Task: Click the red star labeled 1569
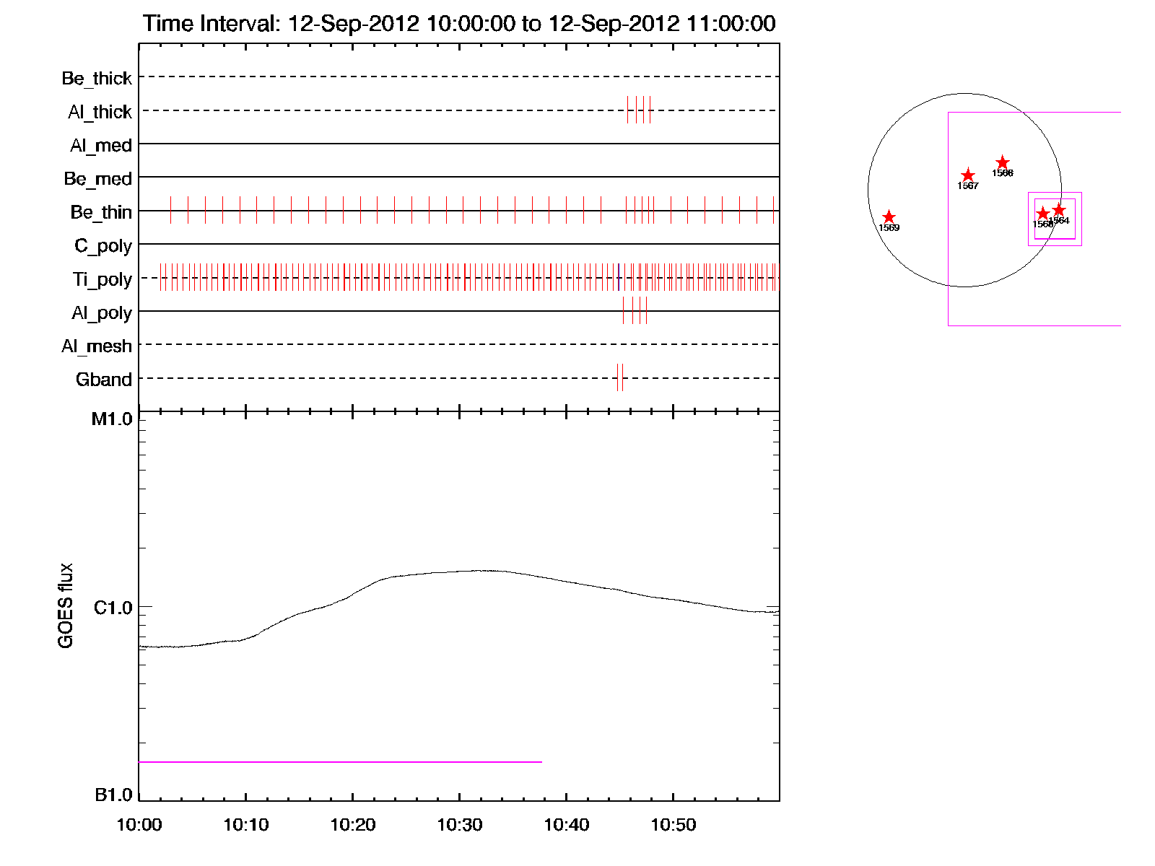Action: [889, 217]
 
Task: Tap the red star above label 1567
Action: [968, 175]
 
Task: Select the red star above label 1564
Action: [1058, 210]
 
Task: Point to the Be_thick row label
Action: [97, 78]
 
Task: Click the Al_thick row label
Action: [100, 112]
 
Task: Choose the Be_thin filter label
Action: [101, 212]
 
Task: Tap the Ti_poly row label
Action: [102, 279]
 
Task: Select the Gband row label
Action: [104, 380]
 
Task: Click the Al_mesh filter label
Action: [97, 346]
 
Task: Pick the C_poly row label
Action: [103, 246]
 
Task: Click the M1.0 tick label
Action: [112, 419]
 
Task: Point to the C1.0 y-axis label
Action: [113, 608]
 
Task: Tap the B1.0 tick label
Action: [113, 795]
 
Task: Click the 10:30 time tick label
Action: [459, 825]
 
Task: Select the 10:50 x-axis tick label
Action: [673, 825]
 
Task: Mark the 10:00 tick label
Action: [139, 825]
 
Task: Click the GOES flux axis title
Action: [66, 606]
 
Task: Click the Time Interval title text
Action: [459, 23]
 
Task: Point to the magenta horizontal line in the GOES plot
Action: [339, 761]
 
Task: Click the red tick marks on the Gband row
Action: [620, 377]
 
